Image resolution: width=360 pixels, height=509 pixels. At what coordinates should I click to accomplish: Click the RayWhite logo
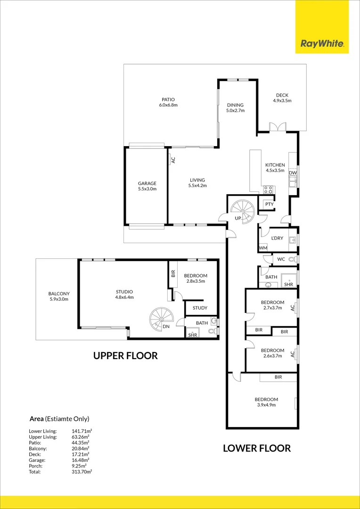(322, 45)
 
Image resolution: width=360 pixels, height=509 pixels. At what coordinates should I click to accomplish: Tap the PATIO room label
(168, 99)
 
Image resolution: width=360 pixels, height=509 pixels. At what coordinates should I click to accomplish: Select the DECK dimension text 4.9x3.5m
(282, 101)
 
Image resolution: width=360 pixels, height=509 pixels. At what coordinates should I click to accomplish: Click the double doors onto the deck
(278, 127)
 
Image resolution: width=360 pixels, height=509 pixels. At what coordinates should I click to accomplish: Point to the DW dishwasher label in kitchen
(293, 173)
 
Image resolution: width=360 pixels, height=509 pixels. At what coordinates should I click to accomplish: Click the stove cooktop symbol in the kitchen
(269, 190)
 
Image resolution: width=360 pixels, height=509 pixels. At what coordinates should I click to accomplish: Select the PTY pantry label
(269, 204)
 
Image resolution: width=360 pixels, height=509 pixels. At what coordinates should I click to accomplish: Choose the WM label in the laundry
(262, 248)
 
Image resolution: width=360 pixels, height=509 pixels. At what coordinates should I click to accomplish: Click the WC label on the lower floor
(281, 259)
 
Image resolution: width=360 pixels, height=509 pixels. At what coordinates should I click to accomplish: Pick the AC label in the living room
(173, 160)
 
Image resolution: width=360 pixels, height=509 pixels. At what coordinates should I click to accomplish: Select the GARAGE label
(147, 183)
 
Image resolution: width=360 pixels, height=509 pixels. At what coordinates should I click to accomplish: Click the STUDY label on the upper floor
(200, 308)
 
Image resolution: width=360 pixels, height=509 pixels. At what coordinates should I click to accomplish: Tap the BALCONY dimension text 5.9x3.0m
(59, 299)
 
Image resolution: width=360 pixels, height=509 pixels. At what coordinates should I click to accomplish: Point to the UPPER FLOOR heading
(125, 356)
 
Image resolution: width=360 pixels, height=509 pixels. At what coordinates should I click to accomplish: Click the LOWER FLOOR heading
(257, 448)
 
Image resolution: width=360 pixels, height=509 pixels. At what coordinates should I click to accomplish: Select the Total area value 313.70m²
(82, 471)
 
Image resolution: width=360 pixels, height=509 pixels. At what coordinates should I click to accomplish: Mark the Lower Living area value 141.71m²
(82, 431)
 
